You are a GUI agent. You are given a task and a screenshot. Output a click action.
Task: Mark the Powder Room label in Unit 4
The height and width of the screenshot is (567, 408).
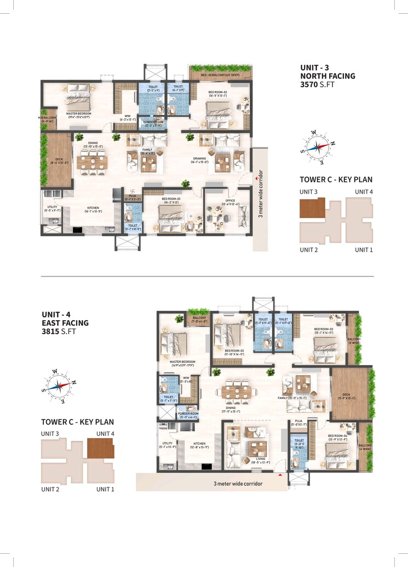[187, 415]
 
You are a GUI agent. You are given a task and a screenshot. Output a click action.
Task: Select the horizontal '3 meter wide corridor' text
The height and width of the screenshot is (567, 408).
[238, 484]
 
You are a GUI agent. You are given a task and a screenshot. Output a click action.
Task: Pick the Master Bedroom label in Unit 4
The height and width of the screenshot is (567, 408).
[183, 362]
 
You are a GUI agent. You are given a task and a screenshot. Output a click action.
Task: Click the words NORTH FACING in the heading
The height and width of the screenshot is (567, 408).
[327, 76]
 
